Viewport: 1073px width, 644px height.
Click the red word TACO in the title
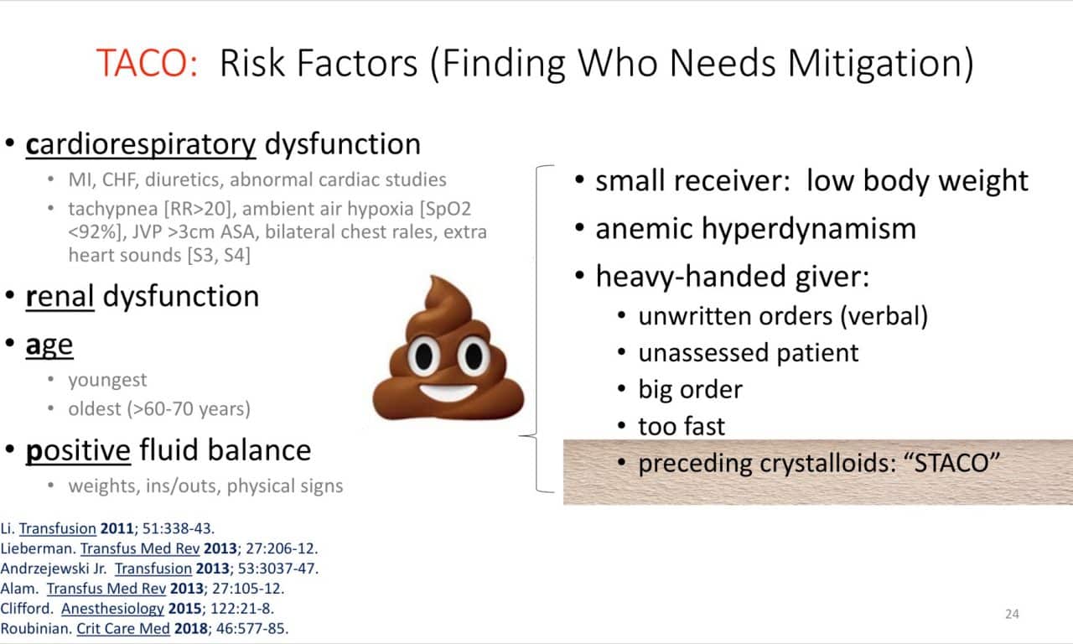coord(143,63)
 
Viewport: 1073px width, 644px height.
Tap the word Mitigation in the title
coord(880,64)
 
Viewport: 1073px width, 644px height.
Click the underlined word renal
coord(60,296)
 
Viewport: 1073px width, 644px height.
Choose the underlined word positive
coord(78,451)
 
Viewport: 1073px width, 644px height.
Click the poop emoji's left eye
coord(424,356)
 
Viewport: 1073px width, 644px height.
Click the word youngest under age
coord(107,381)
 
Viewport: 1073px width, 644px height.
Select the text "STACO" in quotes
coord(952,463)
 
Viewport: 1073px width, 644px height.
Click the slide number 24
coord(1012,614)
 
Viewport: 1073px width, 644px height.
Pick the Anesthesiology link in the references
coord(112,609)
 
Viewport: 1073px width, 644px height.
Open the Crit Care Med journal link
coord(123,629)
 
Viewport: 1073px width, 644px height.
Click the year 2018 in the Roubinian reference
coord(191,629)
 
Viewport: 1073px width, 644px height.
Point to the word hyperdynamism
coord(809,229)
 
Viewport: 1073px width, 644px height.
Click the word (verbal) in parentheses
coord(884,317)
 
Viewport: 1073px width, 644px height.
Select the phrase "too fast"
coord(682,426)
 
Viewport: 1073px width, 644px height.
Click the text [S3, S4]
coord(219,255)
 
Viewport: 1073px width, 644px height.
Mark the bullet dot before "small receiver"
coord(579,180)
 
